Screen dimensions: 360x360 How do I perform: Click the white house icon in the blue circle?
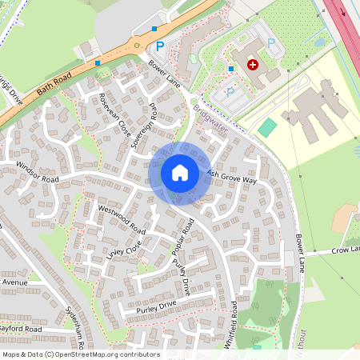(x=180, y=173)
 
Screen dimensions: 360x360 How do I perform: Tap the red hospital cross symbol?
(x=254, y=64)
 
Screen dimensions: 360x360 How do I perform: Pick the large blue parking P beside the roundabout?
(x=160, y=47)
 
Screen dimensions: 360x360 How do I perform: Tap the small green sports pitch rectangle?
(x=267, y=126)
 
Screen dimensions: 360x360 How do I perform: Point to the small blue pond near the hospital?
(x=320, y=42)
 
